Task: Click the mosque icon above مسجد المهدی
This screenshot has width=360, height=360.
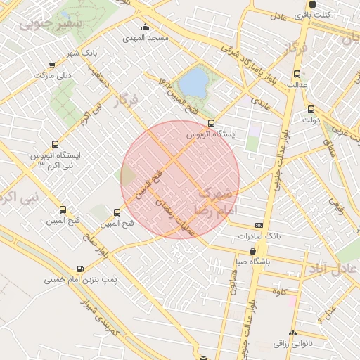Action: tap(146, 27)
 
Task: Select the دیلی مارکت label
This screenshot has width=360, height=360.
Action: tap(54, 73)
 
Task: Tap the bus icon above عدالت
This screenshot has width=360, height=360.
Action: tap(297, 73)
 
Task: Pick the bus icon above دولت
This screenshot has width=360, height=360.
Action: tap(311, 109)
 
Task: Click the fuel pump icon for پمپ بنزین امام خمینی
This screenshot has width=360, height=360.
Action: tap(79, 269)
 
